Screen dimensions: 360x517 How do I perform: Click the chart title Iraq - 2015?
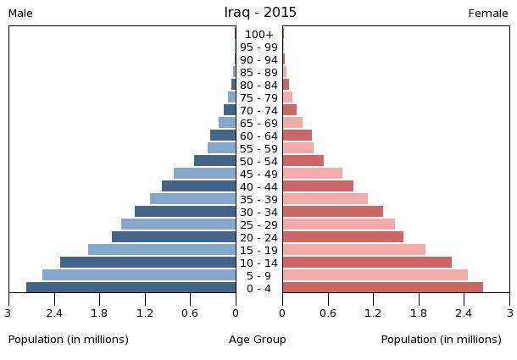(260, 13)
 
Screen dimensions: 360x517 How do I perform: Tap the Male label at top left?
(20, 14)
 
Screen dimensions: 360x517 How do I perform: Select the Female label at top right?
(488, 14)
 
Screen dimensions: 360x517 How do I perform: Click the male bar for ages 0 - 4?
(131, 288)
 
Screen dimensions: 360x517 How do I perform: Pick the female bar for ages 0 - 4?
(382, 288)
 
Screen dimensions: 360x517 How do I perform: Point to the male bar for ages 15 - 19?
(162, 250)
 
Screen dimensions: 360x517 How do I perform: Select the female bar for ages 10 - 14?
(367, 263)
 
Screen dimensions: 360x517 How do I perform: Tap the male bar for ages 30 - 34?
(186, 212)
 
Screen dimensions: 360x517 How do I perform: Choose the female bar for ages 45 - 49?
(313, 174)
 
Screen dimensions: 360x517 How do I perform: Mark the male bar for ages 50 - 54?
(215, 161)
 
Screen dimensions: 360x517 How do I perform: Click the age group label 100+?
(259, 35)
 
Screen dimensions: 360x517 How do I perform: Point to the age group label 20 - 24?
(259, 237)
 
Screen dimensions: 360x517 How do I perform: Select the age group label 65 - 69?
(259, 124)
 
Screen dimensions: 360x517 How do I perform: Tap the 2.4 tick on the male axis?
(54, 313)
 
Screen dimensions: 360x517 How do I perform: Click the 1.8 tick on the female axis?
(419, 313)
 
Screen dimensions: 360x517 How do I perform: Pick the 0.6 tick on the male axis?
(191, 313)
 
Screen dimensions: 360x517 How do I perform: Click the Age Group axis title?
(258, 340)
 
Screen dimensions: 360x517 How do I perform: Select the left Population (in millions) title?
(69, 340)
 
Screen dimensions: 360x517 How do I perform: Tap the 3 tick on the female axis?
(509, 313)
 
